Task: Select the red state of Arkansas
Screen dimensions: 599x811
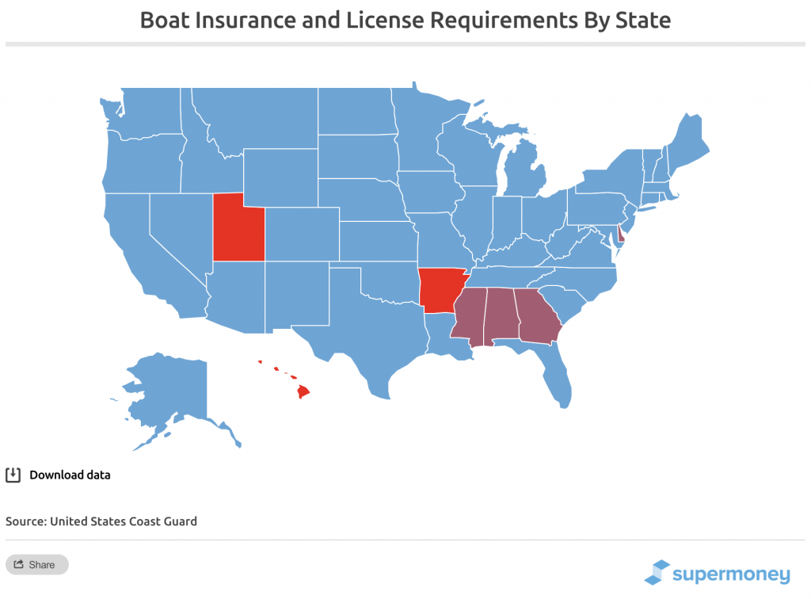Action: click(440, 290)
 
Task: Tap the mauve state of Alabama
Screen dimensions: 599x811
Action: click(501, 316)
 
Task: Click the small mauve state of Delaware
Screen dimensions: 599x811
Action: click(622, 235)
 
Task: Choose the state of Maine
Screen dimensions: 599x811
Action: click(687, 142)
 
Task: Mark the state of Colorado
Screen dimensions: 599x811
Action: click(301, 235)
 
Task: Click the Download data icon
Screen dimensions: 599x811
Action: click(13, 475)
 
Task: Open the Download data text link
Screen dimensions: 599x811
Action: click(70, 475)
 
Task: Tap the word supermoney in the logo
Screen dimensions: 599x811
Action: click(731, 574)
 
